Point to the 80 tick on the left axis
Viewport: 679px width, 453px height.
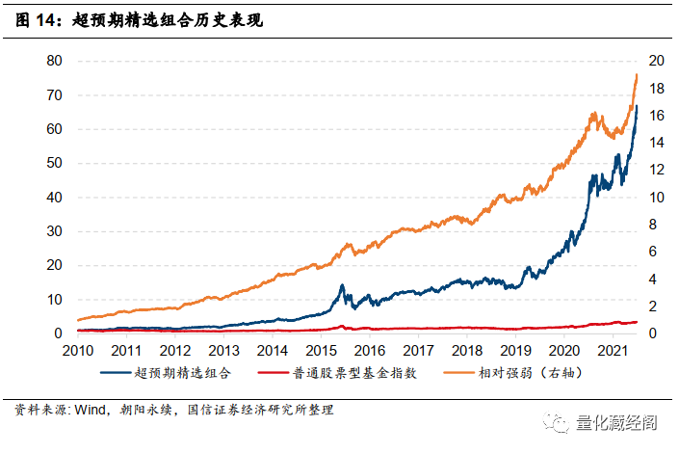(x=55, y=61)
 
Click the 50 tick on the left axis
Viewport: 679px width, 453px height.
(x=55, y=163)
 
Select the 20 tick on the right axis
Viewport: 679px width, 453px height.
(x=656, y=61)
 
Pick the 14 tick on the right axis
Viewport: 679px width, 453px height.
(x=656, y=143)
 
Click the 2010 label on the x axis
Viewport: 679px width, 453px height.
(x=76, y=351)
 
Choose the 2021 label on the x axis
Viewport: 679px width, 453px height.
(x=615, y=351)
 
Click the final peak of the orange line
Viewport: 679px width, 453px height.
(x=637, y=74)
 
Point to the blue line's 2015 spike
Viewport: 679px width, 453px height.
(x=342, y=285)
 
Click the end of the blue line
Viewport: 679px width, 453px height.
(x=637, y=106)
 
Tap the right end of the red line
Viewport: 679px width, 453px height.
(x=637, y=322)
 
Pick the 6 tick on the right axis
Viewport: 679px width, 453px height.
(x=656, y=252)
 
